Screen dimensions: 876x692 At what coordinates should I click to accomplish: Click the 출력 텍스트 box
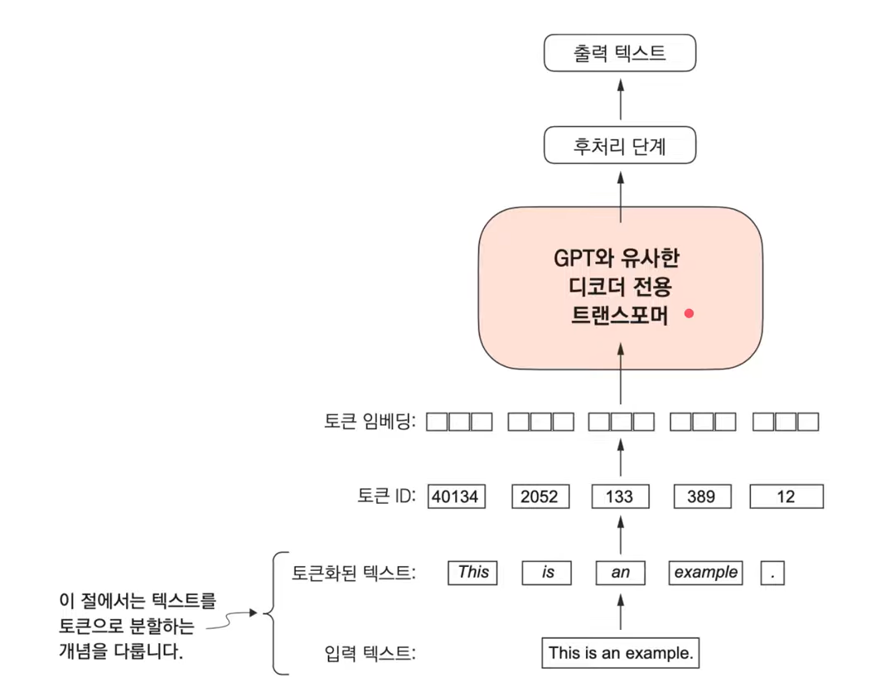pos(620,53)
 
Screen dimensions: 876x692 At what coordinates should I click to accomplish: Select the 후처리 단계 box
pos(620,145)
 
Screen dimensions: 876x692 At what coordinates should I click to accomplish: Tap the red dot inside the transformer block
pos(689,313)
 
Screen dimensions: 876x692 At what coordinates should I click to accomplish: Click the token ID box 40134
pos(457,496)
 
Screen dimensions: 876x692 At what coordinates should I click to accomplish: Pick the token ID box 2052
pos(540,496)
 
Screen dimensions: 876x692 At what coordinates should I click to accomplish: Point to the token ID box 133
pos(620,496)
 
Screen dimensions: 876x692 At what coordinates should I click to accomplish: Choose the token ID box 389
pos(702,496)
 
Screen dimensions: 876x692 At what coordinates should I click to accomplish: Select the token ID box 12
pos(786,496)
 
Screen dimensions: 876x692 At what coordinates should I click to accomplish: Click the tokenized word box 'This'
pos(472,573)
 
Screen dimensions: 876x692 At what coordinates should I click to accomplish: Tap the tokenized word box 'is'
pos(547,573)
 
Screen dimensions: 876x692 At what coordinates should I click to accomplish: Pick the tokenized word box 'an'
pos(621,573)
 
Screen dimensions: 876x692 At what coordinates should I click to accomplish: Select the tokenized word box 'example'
pos(705,573)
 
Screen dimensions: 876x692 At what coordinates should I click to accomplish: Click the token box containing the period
pos(772,573)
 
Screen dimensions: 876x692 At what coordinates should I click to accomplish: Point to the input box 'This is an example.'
pos(621,653)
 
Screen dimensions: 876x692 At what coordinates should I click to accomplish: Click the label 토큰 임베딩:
pos(370,421)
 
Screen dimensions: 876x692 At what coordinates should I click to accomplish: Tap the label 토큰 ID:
pos(386,496)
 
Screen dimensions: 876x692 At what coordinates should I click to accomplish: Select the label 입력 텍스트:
pos(370,653)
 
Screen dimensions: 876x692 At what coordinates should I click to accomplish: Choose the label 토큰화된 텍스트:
pos(354,573)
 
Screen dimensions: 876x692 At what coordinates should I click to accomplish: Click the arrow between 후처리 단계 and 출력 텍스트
pos(620,99)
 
